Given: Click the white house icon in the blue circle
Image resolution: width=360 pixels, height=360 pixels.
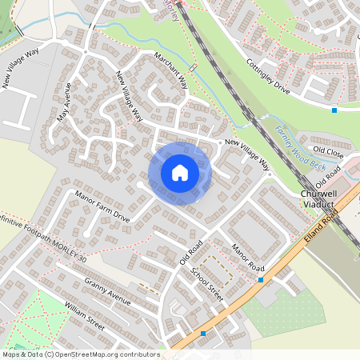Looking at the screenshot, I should pyautogui.click(x=180, y=173).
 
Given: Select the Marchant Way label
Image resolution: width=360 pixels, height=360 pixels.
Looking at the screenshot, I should pyautogui.click(x=173, y=70).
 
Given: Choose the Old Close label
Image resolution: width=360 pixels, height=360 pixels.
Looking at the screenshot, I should pyautogui.click(x=328, y=150).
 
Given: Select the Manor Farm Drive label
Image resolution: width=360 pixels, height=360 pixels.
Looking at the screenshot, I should pyautogui.click(x=102, y=206).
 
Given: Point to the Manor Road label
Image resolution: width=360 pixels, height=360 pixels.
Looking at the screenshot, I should pyautogui.click(x=247, y=255).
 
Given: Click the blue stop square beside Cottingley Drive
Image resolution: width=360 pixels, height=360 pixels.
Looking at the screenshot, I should pyautogui.click(x=334, y=110).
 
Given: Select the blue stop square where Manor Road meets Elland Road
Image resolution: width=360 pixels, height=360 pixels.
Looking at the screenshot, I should pyautogui.click(x=261, y=280).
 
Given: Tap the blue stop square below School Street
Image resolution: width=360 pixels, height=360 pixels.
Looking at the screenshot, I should pyautogui.click(x=204, y=333).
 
